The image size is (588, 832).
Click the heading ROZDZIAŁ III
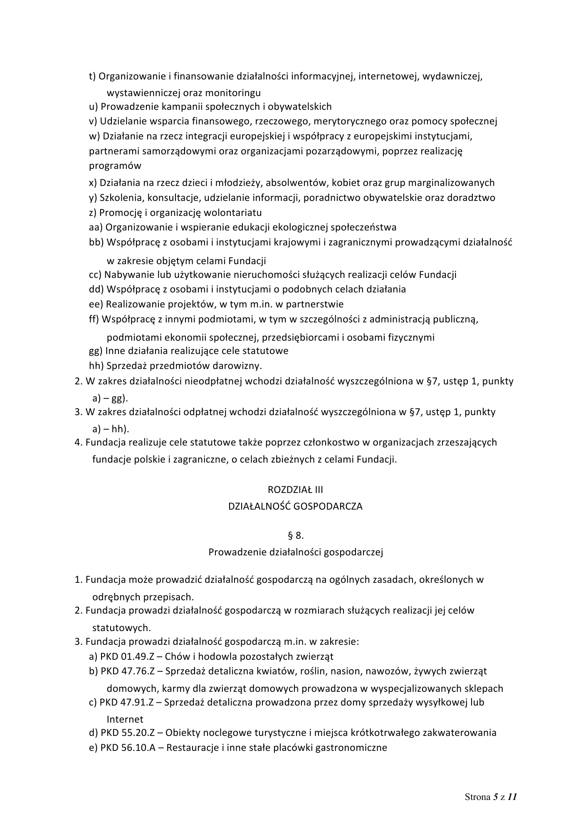[x=295, y=490]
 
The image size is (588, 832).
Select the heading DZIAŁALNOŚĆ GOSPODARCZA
[x=295, y=506]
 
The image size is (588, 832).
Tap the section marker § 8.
[x=295, y=535]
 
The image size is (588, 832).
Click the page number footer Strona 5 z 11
[x=491, y=797]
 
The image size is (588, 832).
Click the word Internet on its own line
[x=125, y=719]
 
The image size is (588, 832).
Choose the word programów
[x=115, y=166]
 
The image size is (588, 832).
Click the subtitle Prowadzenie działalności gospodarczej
[x=295, y=552]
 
